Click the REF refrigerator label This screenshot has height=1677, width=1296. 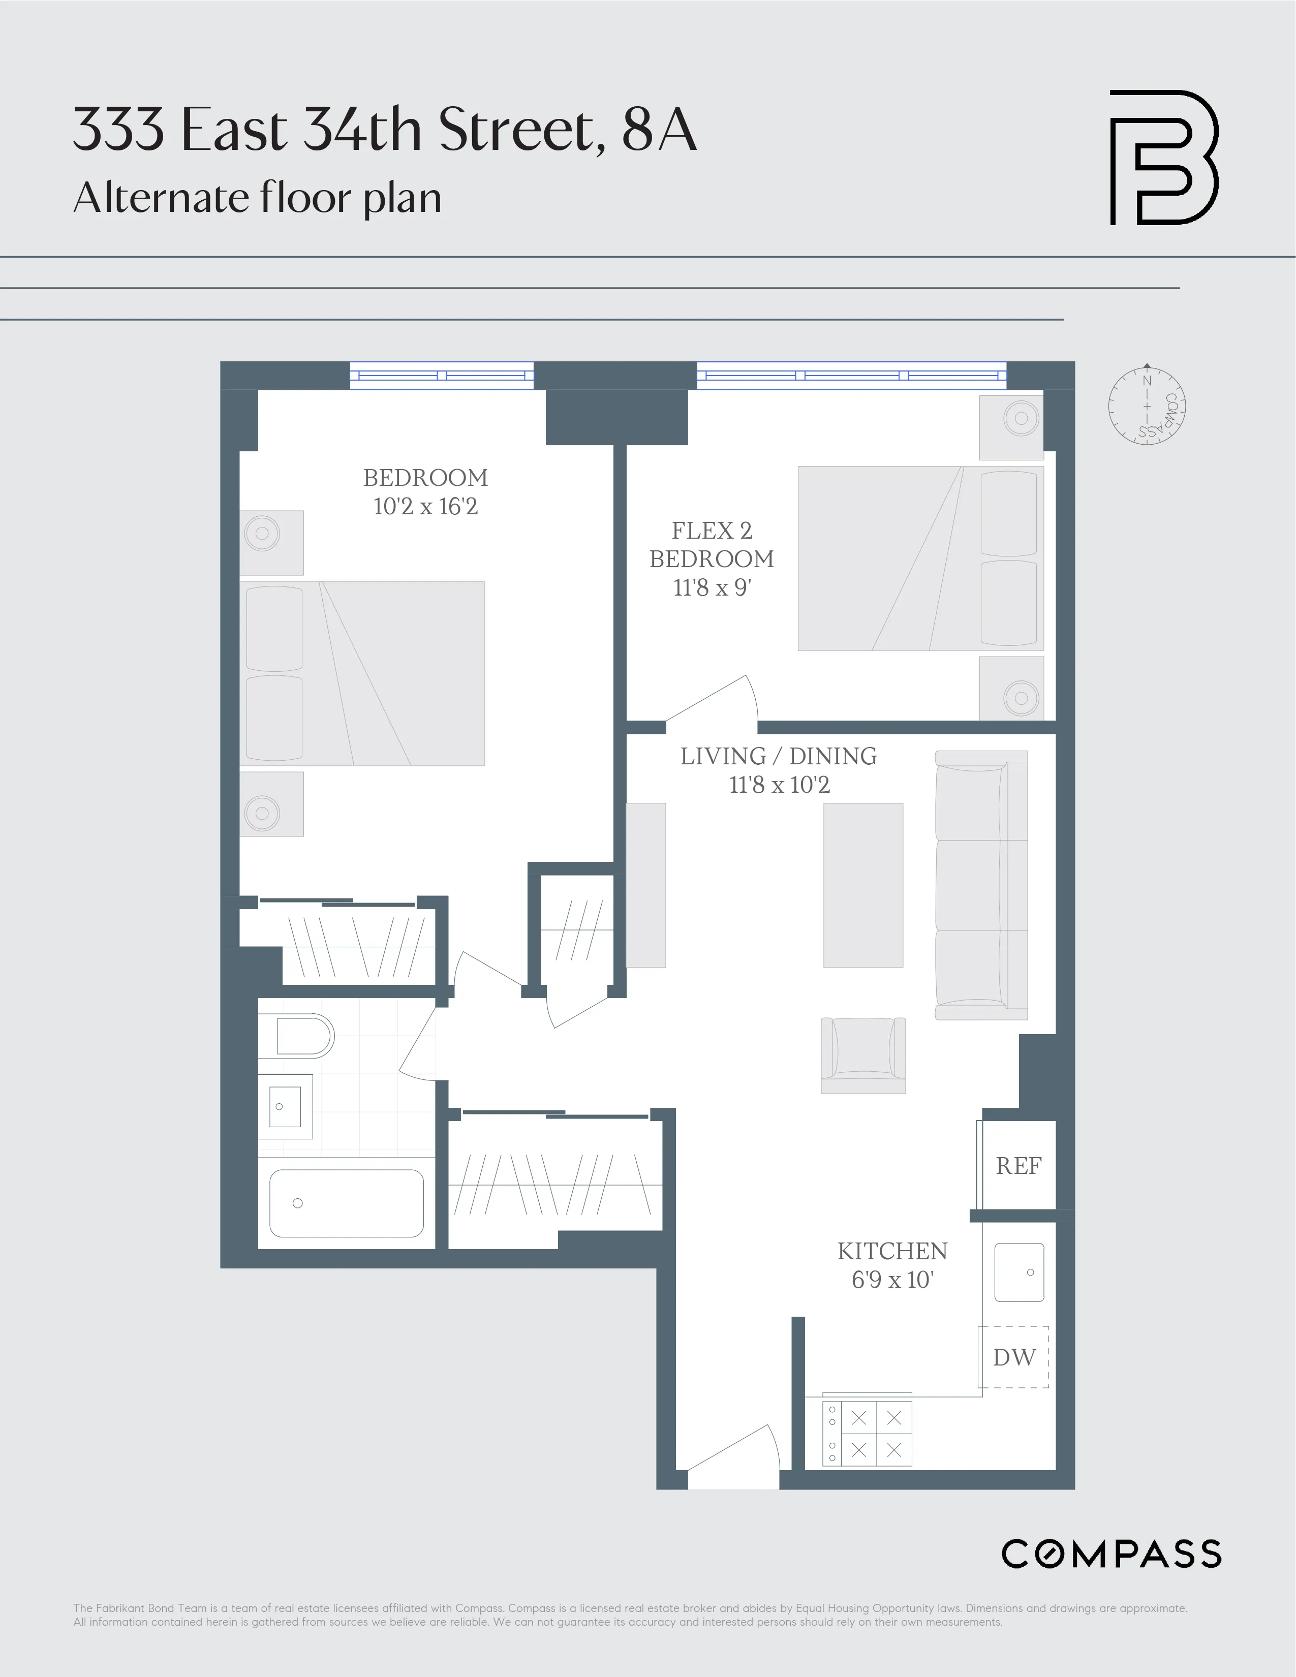pyautogui.click(x=1018, y=1166)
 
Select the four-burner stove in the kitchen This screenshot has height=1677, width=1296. pyautogui.click(x=868, y=1433)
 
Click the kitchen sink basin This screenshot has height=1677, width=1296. pyautogui.click(x=1019, y=1272)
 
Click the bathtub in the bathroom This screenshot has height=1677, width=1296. pyautogui.click(x=346, y=1203)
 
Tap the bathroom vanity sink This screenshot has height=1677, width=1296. pyautogui.click(x=285, y=1106)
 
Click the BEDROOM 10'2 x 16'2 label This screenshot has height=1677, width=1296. pyautogui.click(x=425, y=491)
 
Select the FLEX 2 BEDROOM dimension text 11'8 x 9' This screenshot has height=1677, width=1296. pyautogui.click(x=712, y=587)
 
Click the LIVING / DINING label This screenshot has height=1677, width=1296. pyautogui.click(x=779, y=756)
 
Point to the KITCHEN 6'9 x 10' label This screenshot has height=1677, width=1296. pyautogui.click(x=892, y=1265)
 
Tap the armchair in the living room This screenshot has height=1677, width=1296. pyautogui.click(x=863, y=1055)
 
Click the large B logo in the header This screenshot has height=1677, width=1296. pyautogui.click(x=1164, y=158)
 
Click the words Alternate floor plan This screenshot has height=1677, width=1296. pyautogui.click(x=257, y=198)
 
